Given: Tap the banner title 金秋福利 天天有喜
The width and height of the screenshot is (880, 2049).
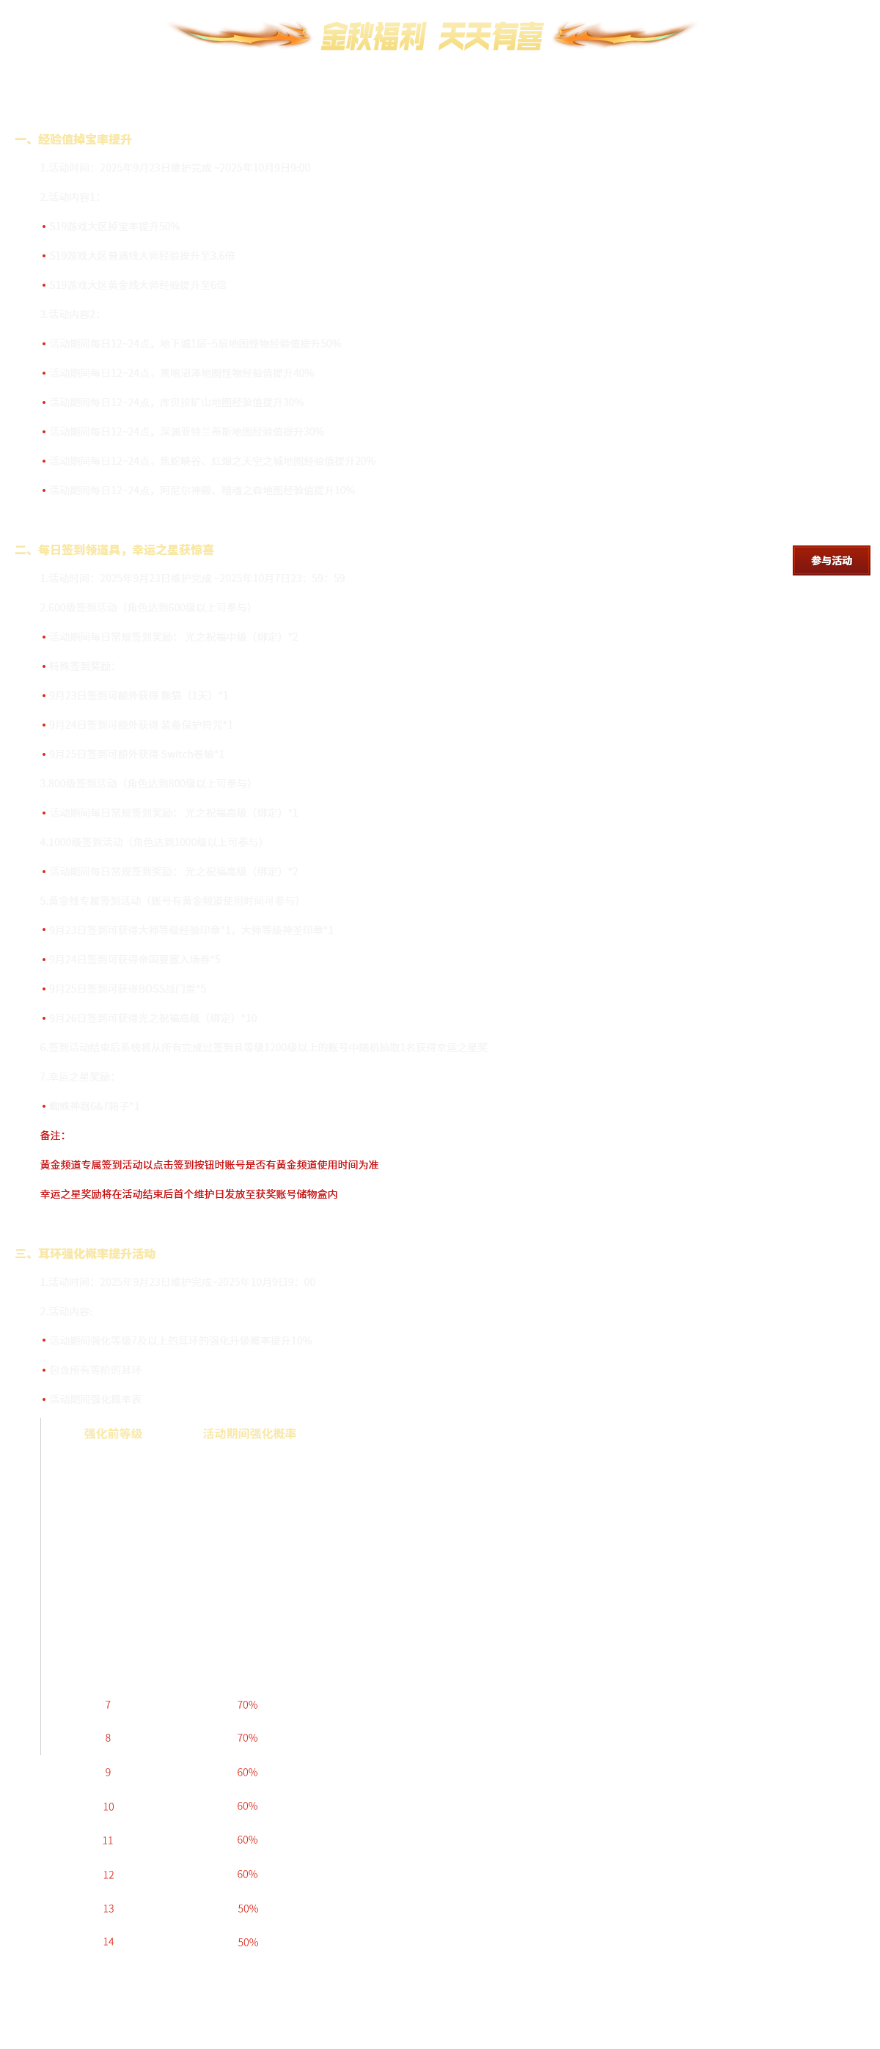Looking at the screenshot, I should click(432, 36).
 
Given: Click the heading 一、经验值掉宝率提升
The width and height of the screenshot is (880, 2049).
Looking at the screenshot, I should click(74, 139).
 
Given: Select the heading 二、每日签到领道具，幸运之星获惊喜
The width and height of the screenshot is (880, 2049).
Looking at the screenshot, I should click(114, 550).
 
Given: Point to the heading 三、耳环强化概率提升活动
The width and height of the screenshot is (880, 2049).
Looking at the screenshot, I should click(86, 1254).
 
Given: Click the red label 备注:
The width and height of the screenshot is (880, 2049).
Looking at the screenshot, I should click(53, 1135).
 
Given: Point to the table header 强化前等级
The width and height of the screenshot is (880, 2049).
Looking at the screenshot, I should click(113, 1433).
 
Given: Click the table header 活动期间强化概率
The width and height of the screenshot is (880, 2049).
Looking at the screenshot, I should click(250, 1433).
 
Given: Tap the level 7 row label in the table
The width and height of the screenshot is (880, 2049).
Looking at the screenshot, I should click(109, 1704).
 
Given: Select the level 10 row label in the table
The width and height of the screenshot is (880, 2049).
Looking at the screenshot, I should click(109, 1806).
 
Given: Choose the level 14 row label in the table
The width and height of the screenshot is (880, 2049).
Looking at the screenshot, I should click(109, 1942).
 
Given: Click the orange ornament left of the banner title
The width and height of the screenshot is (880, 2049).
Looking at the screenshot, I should click(238, 35).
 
